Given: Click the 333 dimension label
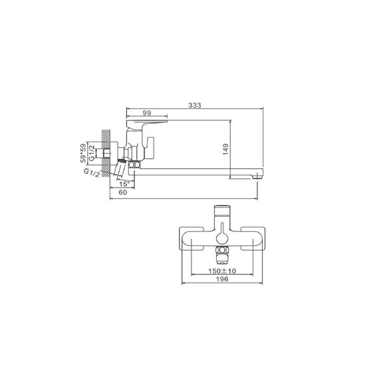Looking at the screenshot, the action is [195, 105].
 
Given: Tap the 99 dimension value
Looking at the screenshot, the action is [147, 113].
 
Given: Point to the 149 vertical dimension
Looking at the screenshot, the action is [225, 149].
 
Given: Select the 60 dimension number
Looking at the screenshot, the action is [123, 192].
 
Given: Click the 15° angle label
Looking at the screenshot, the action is [124, 184].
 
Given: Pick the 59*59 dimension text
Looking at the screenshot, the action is [83, 153].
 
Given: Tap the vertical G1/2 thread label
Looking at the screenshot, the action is [92, 153].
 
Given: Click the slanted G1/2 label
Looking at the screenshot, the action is [92, 173].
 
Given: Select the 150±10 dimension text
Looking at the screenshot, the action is [222, 271].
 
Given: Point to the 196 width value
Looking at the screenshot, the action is [222, 279].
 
